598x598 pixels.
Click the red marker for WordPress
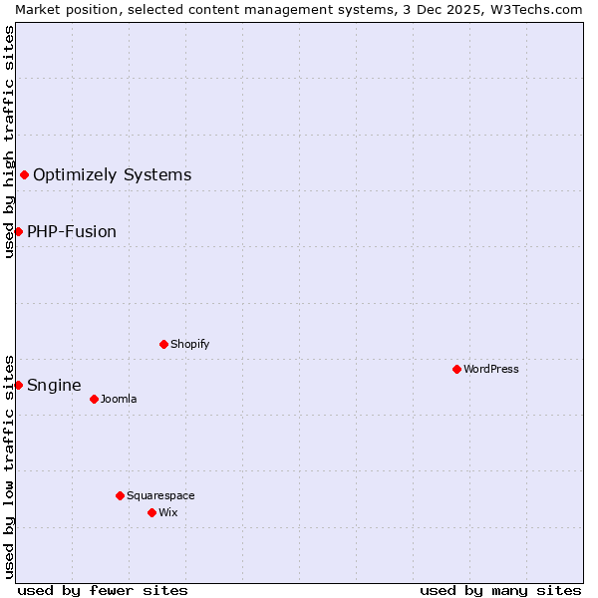click(456, 369)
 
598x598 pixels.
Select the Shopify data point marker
click(163, 344)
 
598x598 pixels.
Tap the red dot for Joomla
click(94, 399)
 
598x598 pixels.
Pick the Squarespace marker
click(120, 495)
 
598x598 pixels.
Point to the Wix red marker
click(151, 512)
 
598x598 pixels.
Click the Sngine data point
click(18, 385)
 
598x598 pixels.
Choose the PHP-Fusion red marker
click(18, 231)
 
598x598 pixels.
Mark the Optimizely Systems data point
click(24, 174)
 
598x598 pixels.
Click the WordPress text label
click(491, 369)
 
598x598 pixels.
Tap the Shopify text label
click(189, 344)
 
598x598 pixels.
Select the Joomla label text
click(119, 399)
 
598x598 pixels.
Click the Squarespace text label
click(160, 495)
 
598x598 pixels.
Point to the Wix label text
click(168, 512)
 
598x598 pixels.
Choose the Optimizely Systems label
click(112, 174)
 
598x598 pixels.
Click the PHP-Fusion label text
click(72, 231)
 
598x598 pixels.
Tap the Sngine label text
click(54, 385)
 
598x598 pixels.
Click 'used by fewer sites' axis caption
click(103, 590)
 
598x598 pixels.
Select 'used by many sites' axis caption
click(500, 590)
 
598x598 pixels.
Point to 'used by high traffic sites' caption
click(9, 142)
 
